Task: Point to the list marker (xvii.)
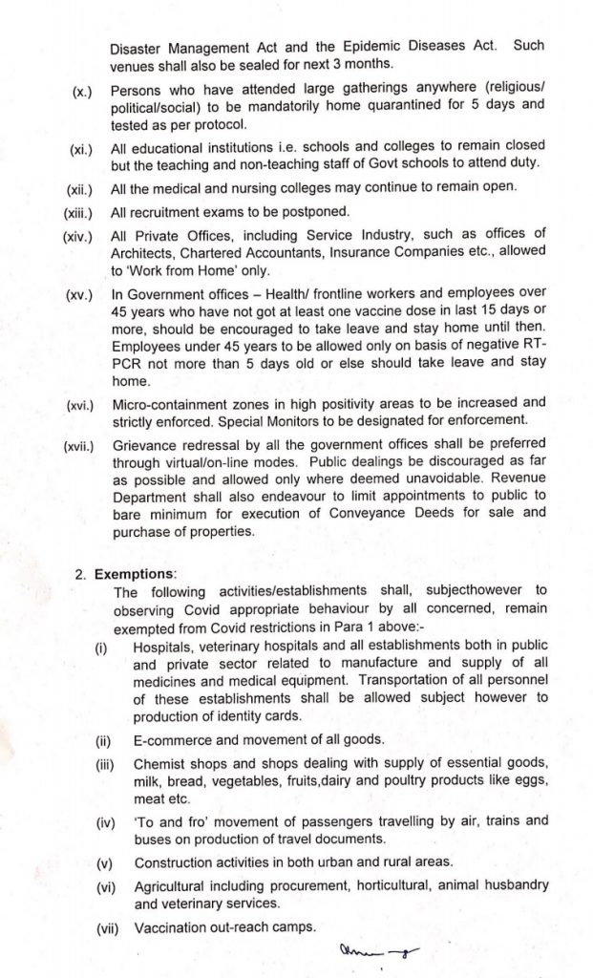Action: [x=78, y=444]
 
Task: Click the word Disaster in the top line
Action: [x=137, y=45]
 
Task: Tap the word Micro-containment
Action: [x=176, y=403]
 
